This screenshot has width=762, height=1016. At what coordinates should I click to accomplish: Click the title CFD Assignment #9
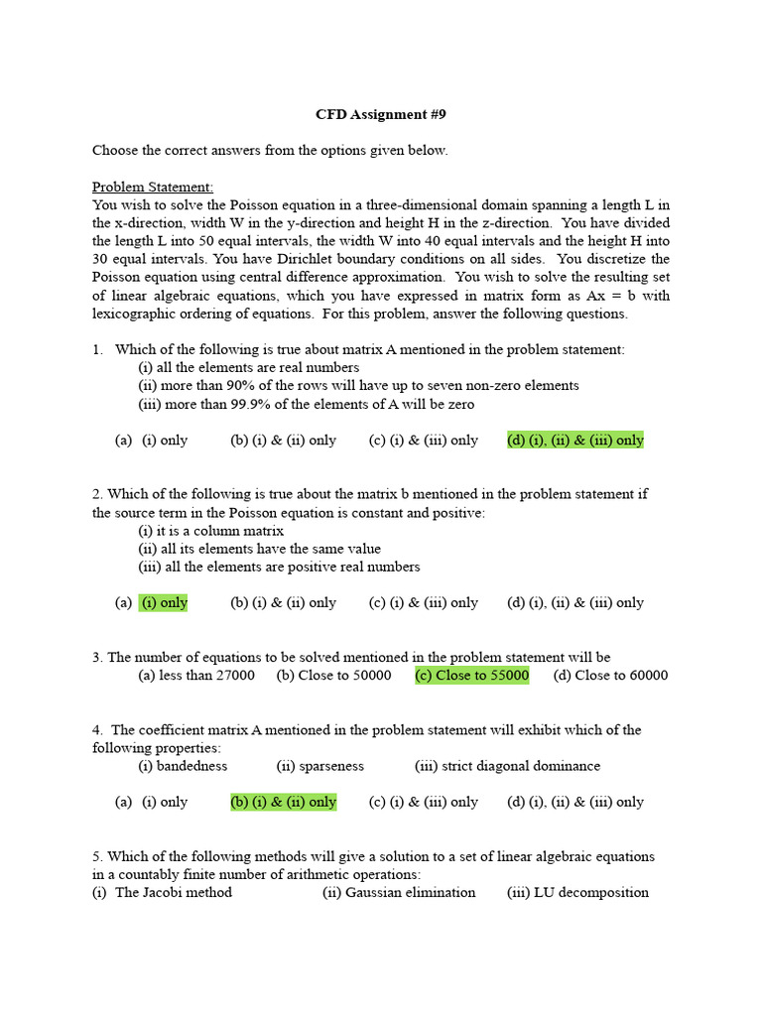tap(381, 114)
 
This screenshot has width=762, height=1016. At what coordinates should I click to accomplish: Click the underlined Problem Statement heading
tap(153, 187)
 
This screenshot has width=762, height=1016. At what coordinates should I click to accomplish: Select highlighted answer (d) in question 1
tap(574, 440)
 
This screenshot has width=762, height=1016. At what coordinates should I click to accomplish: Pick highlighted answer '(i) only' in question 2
tap(164, 602)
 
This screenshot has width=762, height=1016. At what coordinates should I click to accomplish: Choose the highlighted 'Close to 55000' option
tap(471, 676)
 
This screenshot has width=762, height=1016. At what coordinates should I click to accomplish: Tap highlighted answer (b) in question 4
tap(283, 802)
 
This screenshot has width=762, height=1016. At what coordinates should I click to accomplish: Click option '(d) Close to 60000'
tap(610, 676)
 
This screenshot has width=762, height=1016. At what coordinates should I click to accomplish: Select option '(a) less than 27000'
tap(195, 676)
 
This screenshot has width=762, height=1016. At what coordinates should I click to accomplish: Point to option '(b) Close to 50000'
tap(334, 676)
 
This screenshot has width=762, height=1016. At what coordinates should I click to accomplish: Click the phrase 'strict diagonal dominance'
tap(507, 766)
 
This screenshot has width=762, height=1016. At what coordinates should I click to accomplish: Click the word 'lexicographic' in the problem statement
tap(139, 314)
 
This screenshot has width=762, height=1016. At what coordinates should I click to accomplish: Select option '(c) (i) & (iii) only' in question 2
tap(424, 602)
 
